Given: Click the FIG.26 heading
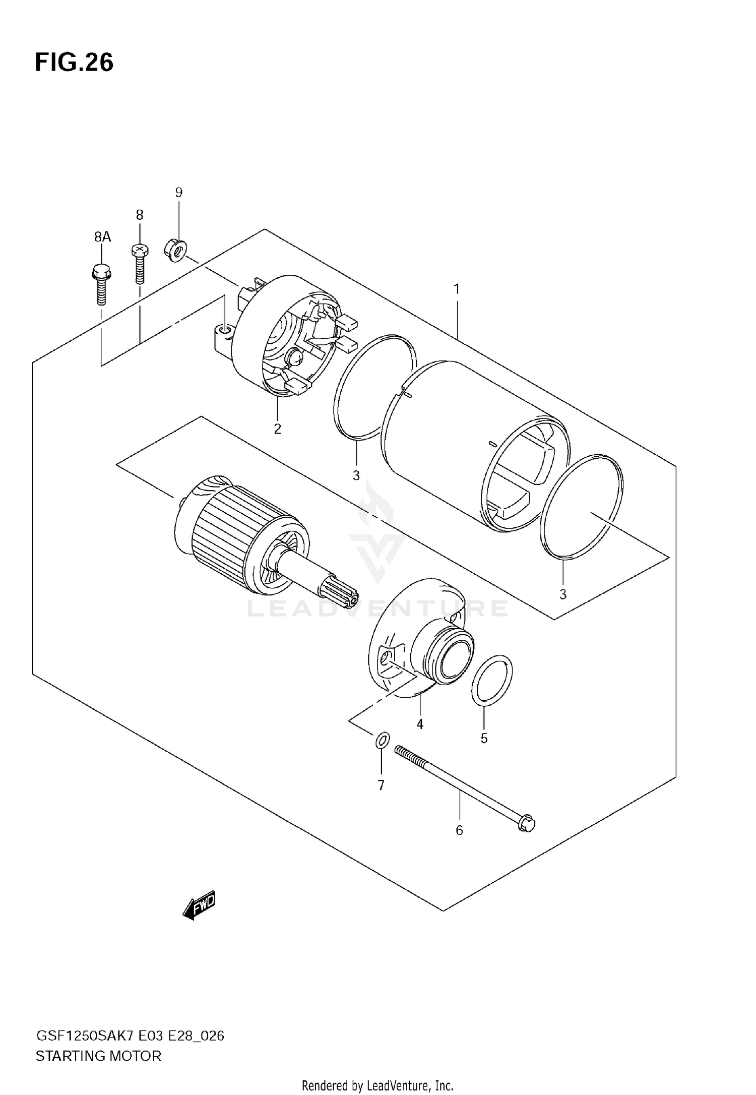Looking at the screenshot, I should point(74,63).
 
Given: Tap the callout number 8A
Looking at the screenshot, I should point(102,237).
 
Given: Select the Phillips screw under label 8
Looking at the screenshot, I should point(139,264).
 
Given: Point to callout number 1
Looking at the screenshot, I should point(457,289).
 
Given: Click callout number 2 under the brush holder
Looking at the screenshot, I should point(277,429).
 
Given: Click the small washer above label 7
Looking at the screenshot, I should point(382,741).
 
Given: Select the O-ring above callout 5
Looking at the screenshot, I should point(492,679).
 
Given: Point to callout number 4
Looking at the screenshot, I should point(420,724).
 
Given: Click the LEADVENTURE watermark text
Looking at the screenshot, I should point(377,609).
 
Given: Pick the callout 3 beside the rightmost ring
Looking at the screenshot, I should point(563,594).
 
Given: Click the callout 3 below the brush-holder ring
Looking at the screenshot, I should point(356,475).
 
